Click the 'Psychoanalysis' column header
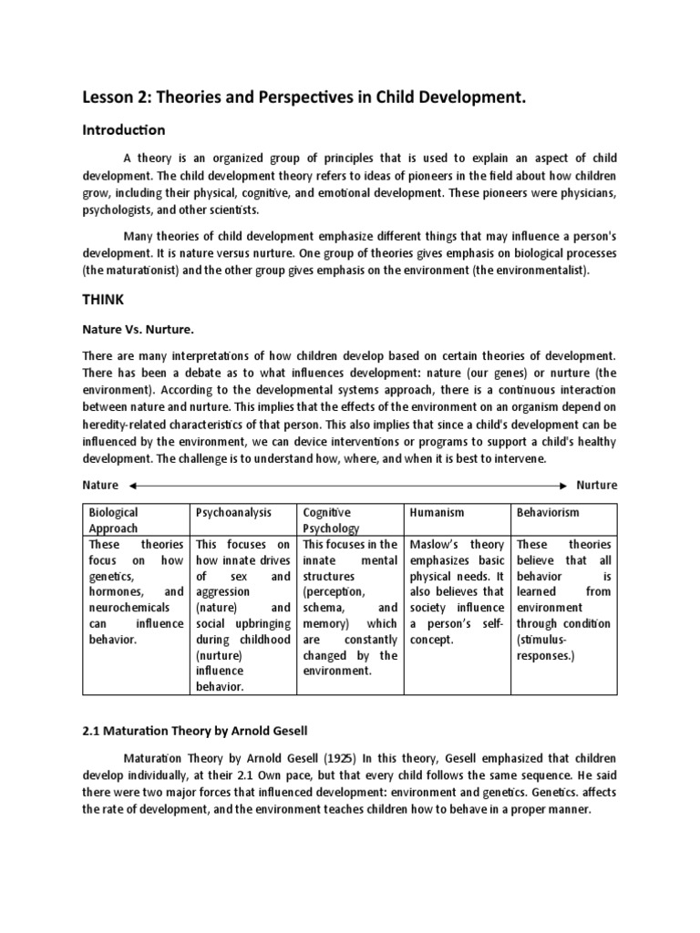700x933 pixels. (234, 513)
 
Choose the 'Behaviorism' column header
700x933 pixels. (547, 513)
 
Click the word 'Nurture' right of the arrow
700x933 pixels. (596, 485)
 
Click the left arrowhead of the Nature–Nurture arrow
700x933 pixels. (133, 485)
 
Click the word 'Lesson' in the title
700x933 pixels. (111, 97)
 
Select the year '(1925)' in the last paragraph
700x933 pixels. (331, 759)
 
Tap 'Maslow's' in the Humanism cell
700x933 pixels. (437, 545)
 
